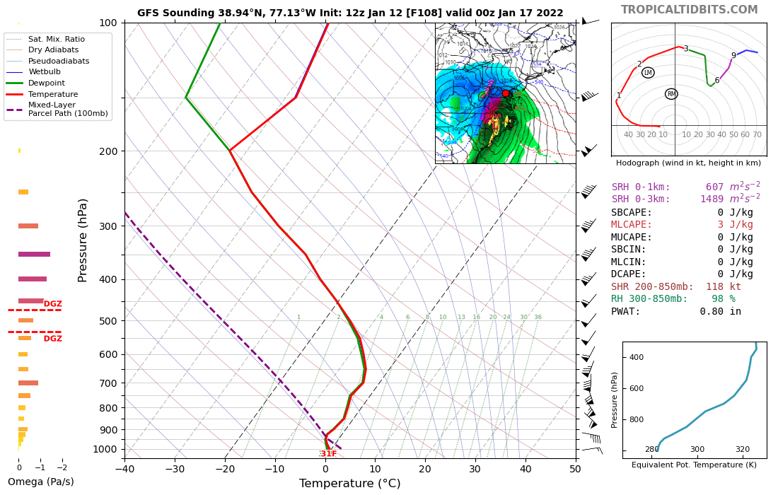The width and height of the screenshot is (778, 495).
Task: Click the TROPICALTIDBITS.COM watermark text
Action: (x=689, y=10)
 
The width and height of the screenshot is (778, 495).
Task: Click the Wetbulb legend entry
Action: (x=43, y=71)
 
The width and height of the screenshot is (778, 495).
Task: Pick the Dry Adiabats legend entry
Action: (x=53, y=50)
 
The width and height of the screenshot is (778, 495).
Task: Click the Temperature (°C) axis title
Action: (x=349, y=484)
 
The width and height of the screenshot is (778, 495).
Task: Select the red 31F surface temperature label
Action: (x=328, y=454)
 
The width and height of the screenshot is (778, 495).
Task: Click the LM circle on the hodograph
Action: (x=648, y=73)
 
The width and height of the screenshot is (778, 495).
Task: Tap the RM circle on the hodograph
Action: (x=671, y=94)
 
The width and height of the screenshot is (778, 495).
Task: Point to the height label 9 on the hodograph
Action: (x=733, y=56)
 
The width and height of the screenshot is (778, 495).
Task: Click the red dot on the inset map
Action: (x=506, y=93)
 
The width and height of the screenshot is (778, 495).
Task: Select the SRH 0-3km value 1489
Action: (x=712, y=199)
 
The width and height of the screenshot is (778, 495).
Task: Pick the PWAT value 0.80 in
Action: (x=720, y=312)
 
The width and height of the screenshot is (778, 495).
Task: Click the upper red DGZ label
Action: (x=53, y=304)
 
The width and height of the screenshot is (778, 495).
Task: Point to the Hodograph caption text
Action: (x=688, y=163)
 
